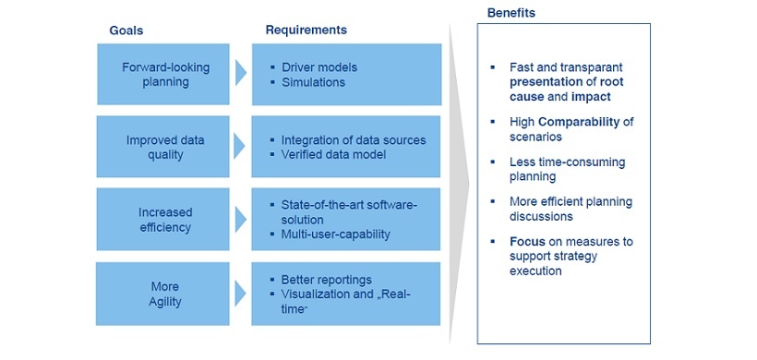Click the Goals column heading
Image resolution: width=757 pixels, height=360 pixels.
click(x=126, y=30)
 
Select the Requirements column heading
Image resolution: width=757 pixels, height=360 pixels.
click(x=306, y=30)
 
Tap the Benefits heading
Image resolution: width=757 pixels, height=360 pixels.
click(x=511, y=13)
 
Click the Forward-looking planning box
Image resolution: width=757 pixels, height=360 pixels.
click(x=163, y=75)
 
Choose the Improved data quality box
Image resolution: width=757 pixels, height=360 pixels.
click(x=163, y=147)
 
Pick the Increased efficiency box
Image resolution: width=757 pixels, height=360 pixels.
click(x=163, y=219)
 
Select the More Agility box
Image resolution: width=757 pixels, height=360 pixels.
click(x=162, y=294)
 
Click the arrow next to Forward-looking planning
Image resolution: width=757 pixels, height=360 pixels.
click(x=240, y=73)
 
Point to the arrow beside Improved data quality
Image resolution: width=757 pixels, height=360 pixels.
click(x=240, y=147)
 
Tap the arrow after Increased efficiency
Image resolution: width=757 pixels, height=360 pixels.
click(x=240, y=220)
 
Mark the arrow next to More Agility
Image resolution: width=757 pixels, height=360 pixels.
click(x=240, y=294)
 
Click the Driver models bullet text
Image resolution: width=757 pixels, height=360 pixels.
click(x=319, y=67)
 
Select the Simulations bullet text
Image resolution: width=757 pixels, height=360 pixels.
click(x=314, y=82)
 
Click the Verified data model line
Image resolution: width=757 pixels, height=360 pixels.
click(x=333, y=154)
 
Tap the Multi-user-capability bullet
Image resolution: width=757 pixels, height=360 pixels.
click(x=335, y=234)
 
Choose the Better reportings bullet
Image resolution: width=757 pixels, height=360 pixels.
click(x=327, y=280)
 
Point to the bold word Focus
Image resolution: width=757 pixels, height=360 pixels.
click(x=527, y=241)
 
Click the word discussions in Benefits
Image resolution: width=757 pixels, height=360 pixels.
click(x=541, y=216)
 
